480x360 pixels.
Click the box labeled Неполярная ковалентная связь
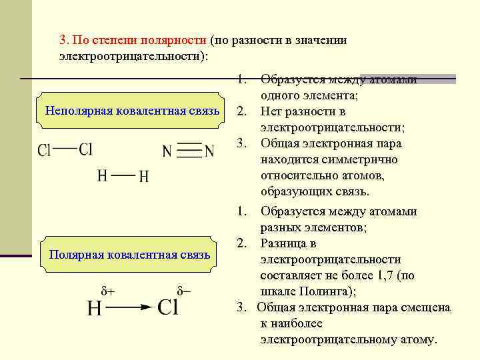click(132, 109)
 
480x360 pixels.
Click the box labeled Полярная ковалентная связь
click(130, 254)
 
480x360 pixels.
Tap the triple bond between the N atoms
click(190, 151)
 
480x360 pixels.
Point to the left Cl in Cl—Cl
click(44, 150)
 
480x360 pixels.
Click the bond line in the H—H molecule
click(123, 175)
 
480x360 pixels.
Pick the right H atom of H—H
click(144, 177)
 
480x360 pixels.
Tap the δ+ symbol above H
click(107, 291)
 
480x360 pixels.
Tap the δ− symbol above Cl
click(183, 291)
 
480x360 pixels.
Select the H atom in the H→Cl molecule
click(95, 309)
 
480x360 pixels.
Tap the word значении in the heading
click(319, 40)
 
